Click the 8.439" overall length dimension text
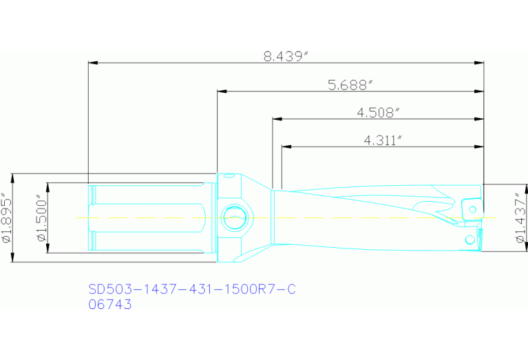(284, 57)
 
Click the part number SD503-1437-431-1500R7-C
(192, 289)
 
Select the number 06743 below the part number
(110, 304)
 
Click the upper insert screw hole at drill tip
(473, 207)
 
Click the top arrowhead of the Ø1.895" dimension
(13, 177)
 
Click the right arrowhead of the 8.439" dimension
(480, 63)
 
